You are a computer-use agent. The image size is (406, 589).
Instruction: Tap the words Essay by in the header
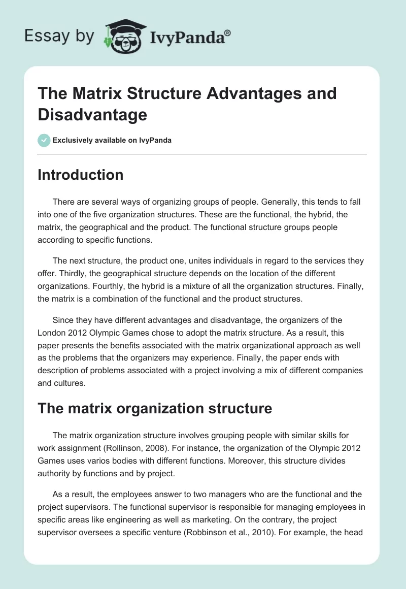59,36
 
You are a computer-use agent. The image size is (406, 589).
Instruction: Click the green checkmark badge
44,140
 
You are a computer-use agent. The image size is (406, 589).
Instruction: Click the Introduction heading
81,175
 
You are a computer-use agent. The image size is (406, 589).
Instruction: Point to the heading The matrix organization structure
155,408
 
